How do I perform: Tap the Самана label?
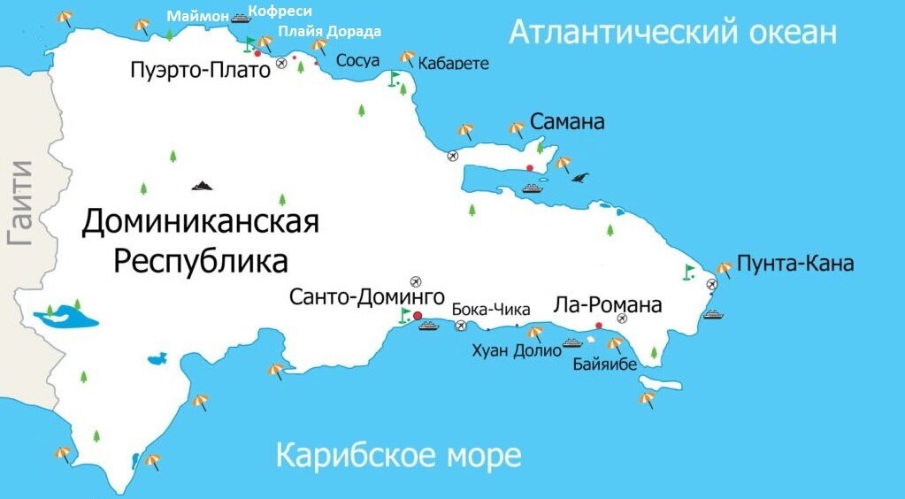[567, 121]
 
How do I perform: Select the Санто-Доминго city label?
[366, 297]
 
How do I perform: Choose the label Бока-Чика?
[491, 310]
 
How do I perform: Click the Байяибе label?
[605, 364]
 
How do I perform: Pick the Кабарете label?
[454, 63]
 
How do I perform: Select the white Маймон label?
[197, 16]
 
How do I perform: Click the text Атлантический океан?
[672, 33]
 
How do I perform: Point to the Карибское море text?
[399, 457]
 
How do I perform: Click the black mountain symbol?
[203, 186]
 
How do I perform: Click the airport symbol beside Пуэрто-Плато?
[281, 63]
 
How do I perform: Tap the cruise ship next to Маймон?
[240, 17]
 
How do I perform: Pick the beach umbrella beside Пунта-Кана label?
[724, 267]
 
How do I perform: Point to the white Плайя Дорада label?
[330, 31]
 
